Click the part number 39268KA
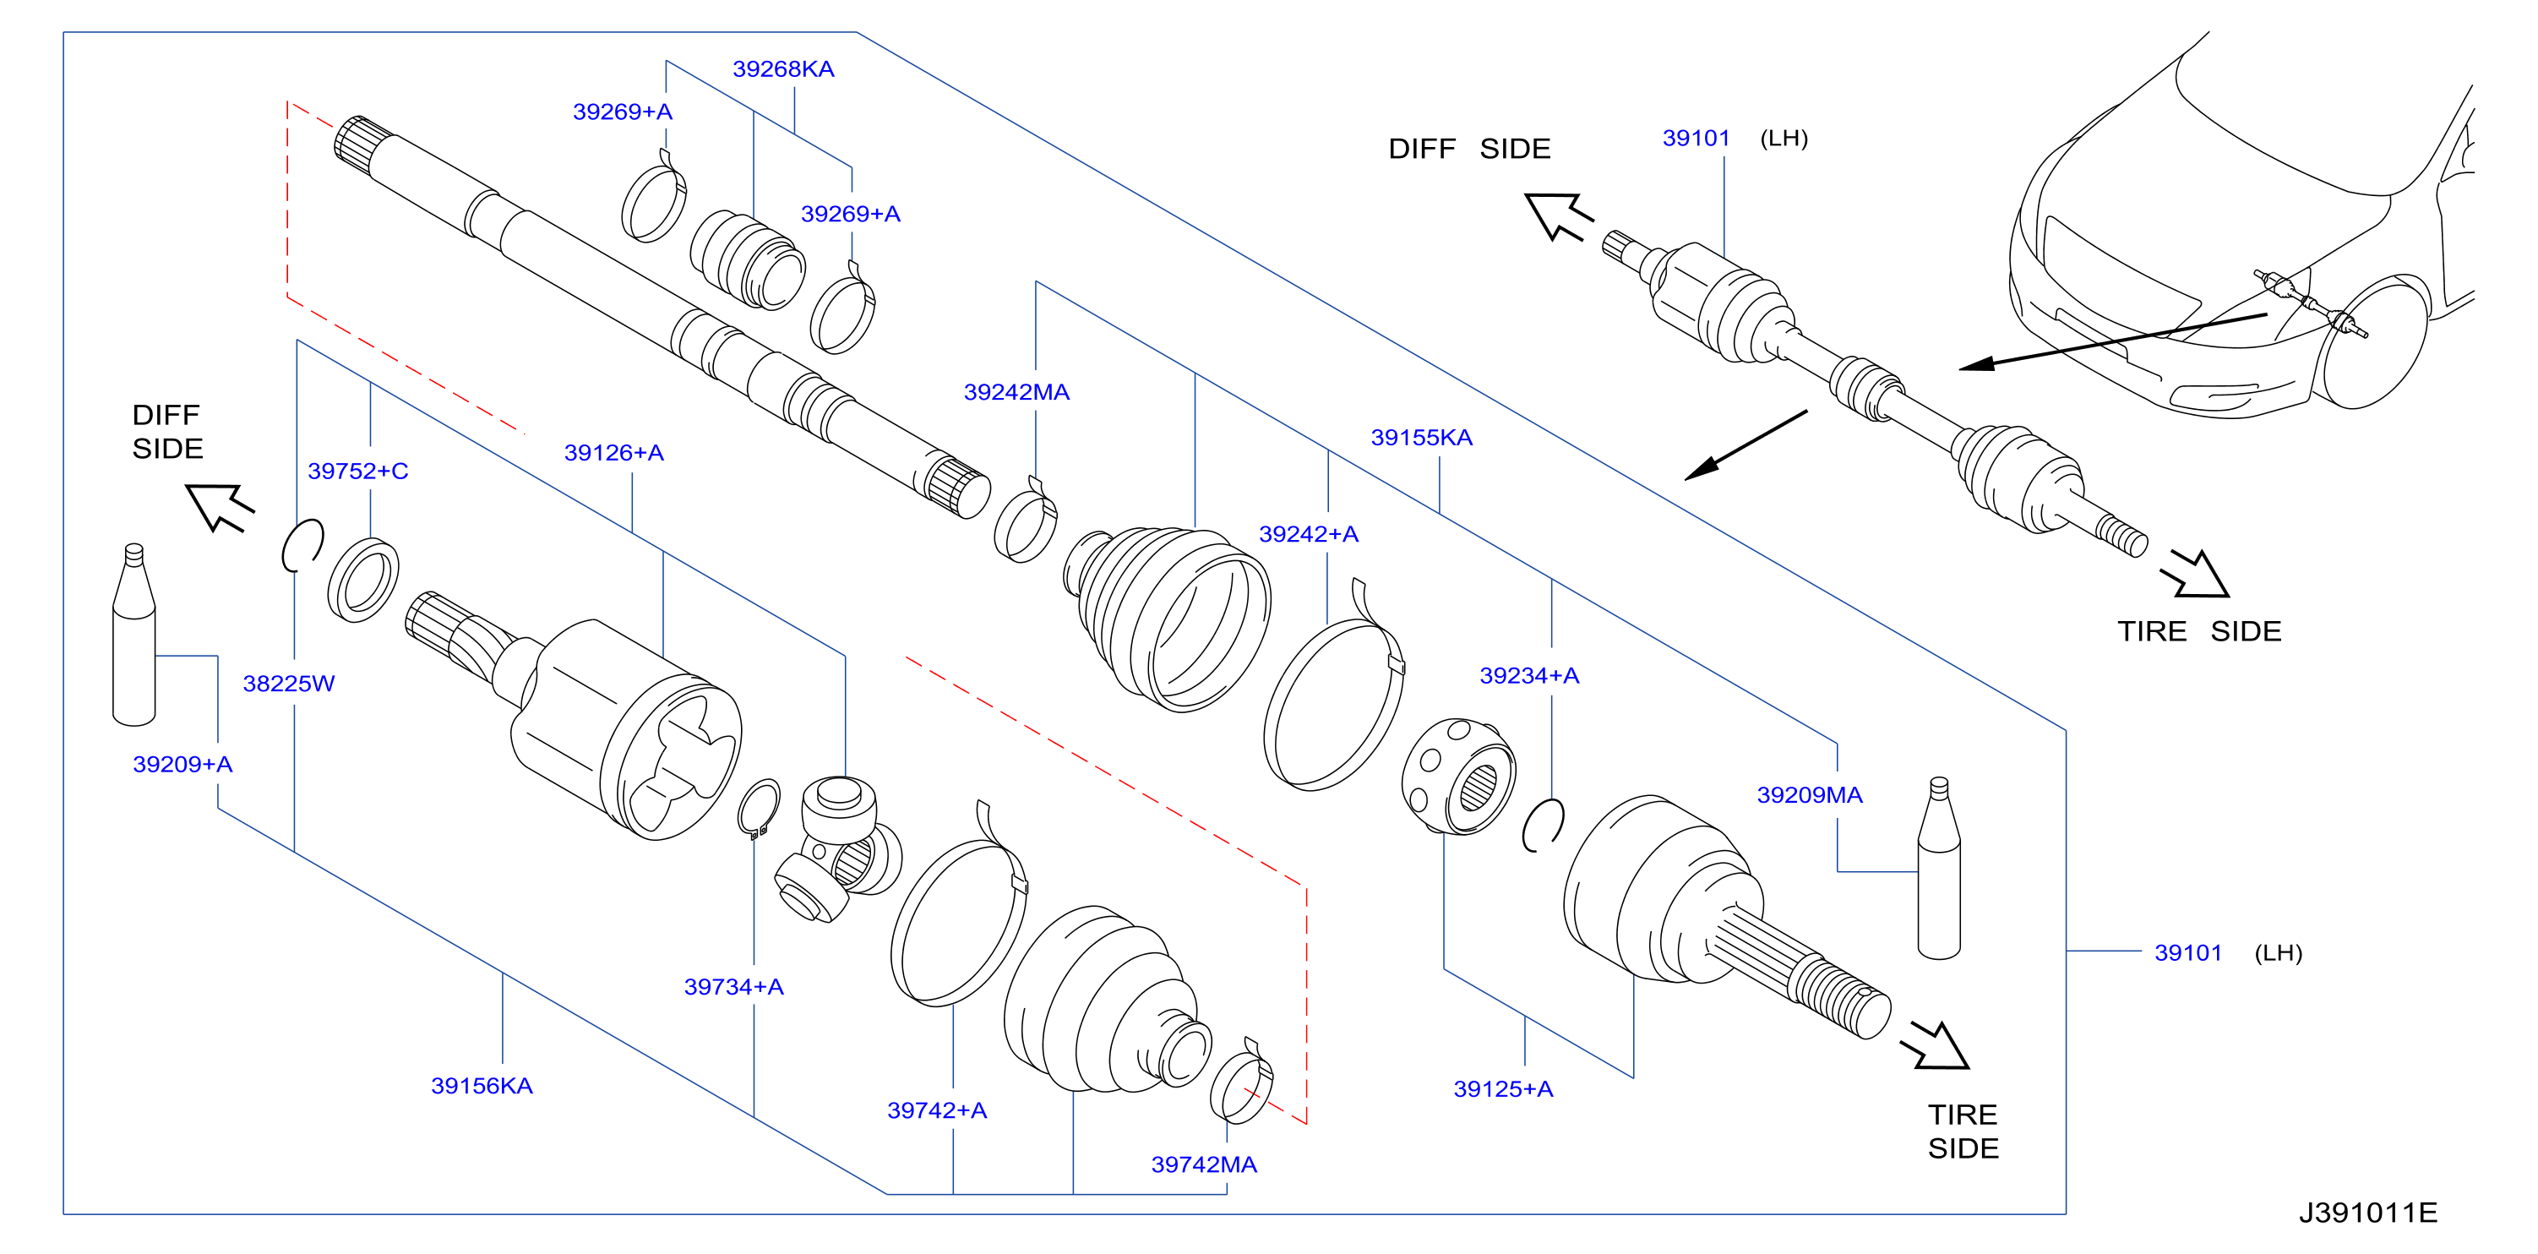pyautogui.click(x=782, y=69)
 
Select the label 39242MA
pyautogui.click(x=1016, y=392)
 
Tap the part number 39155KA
pyautogui.click(x=1421, y=438)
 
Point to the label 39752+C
pyautogui.click(x=357, y=471)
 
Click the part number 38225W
pyautogui.click(x=289, y=684)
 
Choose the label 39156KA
pyautogui.click(x=482, y=1086)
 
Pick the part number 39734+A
pyautogui.click(x=734, y=987)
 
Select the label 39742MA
pyautogui.click(x=1204, y=1164)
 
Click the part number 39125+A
pyautogui.click(x=1504, y=1089)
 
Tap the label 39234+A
pyautogui.click(x=1529, y=676)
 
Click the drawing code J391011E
pyautogui.click(x=2368, y=1213)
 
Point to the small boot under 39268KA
pyautogui.click(x=747, y=259)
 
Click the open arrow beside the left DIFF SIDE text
pyautogui.click(x=220, y=506)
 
